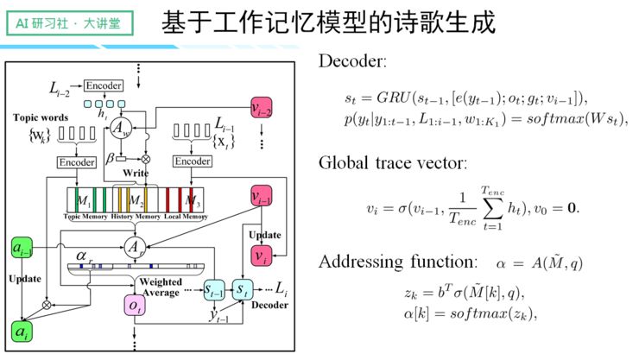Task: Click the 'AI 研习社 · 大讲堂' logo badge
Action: point(67,23)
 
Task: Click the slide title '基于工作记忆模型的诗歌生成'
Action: point(328,24)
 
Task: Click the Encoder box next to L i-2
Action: point(104,85)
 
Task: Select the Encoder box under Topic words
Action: point(77,161)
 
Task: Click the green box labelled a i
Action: point(21,329)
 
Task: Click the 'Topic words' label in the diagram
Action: point(40,117)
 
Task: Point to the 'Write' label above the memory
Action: point(134,173)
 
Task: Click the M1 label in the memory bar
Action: point(84,200)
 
